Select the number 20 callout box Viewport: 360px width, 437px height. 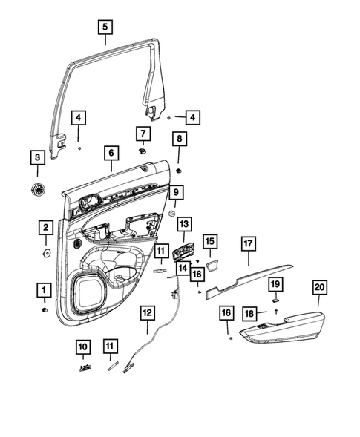(320, 287)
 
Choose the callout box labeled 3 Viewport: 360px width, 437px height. (36, 158)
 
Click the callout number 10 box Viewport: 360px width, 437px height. (82, 346)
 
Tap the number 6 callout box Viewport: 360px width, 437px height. (111, 154)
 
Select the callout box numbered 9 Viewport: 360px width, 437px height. (176, 194)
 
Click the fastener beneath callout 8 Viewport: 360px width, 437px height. (179, 170)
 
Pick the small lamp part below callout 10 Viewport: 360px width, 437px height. (83, 366)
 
